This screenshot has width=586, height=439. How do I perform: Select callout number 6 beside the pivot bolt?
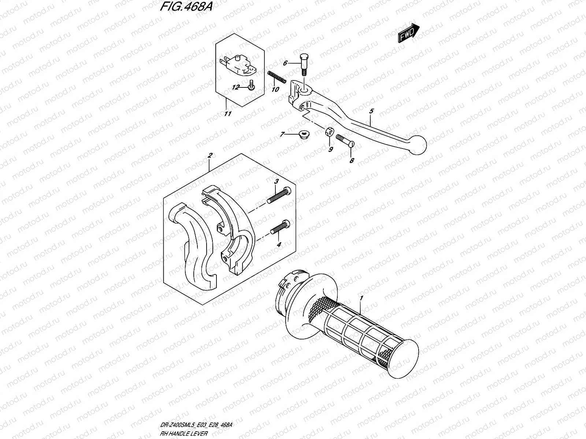(x=285, y=63)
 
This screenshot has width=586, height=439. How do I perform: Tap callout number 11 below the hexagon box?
(x=227, y=114)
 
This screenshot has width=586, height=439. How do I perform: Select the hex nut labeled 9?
(x=329, y=131)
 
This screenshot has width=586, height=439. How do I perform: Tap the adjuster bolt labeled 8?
(x=344, y=141)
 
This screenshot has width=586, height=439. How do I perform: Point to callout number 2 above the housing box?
(x=209, y=156)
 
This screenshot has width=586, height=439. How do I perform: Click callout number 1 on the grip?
(x=361, y=299)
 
